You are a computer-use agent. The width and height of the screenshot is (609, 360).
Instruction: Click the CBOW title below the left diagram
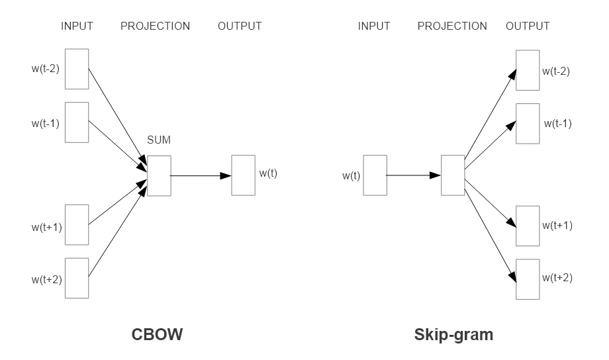point(158,335)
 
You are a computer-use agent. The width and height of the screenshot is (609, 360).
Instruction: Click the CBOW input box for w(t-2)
point(77,69)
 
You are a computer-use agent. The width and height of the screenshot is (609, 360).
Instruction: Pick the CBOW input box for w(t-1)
point(77,122)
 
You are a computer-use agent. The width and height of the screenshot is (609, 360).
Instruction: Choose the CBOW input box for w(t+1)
point(77,224)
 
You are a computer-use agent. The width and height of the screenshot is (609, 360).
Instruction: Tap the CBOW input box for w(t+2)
point(77,278)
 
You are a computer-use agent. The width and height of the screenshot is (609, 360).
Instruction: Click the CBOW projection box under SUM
point(159,175)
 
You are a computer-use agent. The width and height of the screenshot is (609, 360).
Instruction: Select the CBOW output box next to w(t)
point(243,175)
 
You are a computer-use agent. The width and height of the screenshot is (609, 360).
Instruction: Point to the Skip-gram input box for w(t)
point(375,175)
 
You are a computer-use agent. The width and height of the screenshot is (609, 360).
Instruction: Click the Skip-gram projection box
point(453,175)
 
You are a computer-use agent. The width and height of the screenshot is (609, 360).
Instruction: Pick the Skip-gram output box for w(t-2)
point(528,70)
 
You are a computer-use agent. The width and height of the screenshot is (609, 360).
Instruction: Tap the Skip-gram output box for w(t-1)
point(528,124)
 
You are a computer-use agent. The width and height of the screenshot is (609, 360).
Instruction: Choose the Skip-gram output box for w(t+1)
point(528,226)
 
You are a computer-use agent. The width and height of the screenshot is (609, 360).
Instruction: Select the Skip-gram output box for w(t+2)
point(528,279)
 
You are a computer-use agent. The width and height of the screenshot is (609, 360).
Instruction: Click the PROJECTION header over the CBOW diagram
point(155,26)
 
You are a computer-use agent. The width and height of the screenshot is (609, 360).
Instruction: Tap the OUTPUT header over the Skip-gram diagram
point(528,26)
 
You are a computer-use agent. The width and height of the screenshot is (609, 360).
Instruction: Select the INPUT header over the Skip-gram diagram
point(374,26)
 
